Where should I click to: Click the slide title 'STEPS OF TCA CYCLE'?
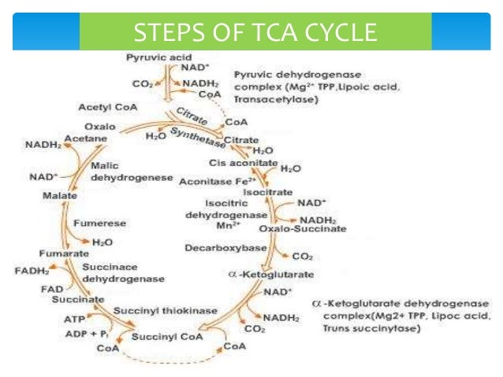255,34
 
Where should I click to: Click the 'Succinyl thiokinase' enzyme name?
165,311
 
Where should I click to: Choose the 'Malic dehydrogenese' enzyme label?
126,172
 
